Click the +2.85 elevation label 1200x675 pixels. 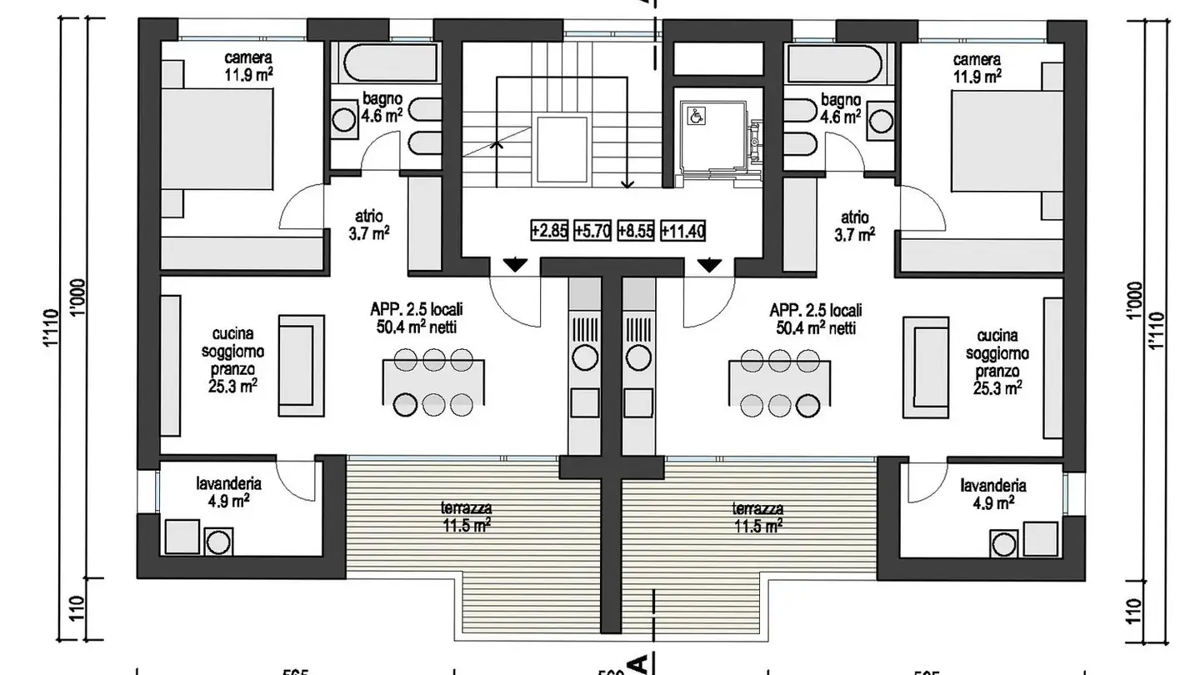click(x=549, y=231)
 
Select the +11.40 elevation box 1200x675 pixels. click(x=682, y=231)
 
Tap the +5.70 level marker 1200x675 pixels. click(x=592, y=231)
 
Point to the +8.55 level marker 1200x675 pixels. click(x=637, y=231)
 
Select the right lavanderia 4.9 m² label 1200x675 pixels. click(x=992, y=493)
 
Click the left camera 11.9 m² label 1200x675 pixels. click(x=248, y=66)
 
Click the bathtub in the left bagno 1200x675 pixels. click(x=388, y=62)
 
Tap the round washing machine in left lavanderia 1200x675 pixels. click(x=218, y=542)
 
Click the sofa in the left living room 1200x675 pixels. click(x=302, y=366)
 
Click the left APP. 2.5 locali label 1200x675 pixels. click(x=417, y=317)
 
